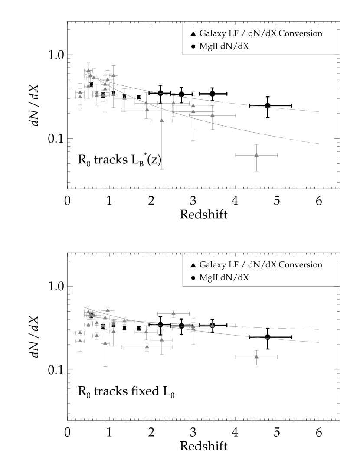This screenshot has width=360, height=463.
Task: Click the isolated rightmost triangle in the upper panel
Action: pos(256,155)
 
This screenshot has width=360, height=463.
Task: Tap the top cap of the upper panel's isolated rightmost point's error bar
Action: pos(256,144)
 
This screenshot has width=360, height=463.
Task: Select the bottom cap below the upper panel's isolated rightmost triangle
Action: pos(256,171)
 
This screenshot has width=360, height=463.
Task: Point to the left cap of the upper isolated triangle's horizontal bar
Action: pos(236,155)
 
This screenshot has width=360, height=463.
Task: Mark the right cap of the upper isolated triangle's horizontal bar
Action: pos(277,155)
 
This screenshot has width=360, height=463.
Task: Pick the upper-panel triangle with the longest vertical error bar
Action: pos(162,120)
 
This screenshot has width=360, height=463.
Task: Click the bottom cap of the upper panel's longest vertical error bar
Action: pos(162,169)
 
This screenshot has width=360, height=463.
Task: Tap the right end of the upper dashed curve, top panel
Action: pos(319,112)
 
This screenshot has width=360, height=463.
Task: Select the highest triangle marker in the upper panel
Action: pos(88,70)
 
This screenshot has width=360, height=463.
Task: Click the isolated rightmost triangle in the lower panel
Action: pos(256,356)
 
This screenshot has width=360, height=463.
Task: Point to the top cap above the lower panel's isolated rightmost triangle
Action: pos(256,350)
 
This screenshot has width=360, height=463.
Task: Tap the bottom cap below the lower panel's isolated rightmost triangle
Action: pos(256,365)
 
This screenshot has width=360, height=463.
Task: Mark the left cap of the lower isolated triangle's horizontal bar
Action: pos(236,357)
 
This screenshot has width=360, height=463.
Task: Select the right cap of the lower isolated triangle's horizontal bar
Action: pos(277,357)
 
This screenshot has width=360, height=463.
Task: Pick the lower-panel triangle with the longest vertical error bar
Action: pos(105,343)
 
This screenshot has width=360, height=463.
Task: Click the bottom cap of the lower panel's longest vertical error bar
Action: pos(105,366)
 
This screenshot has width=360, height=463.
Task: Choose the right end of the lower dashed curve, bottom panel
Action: pos(319,342)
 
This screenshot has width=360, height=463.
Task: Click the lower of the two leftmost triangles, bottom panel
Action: pos(80,340)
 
